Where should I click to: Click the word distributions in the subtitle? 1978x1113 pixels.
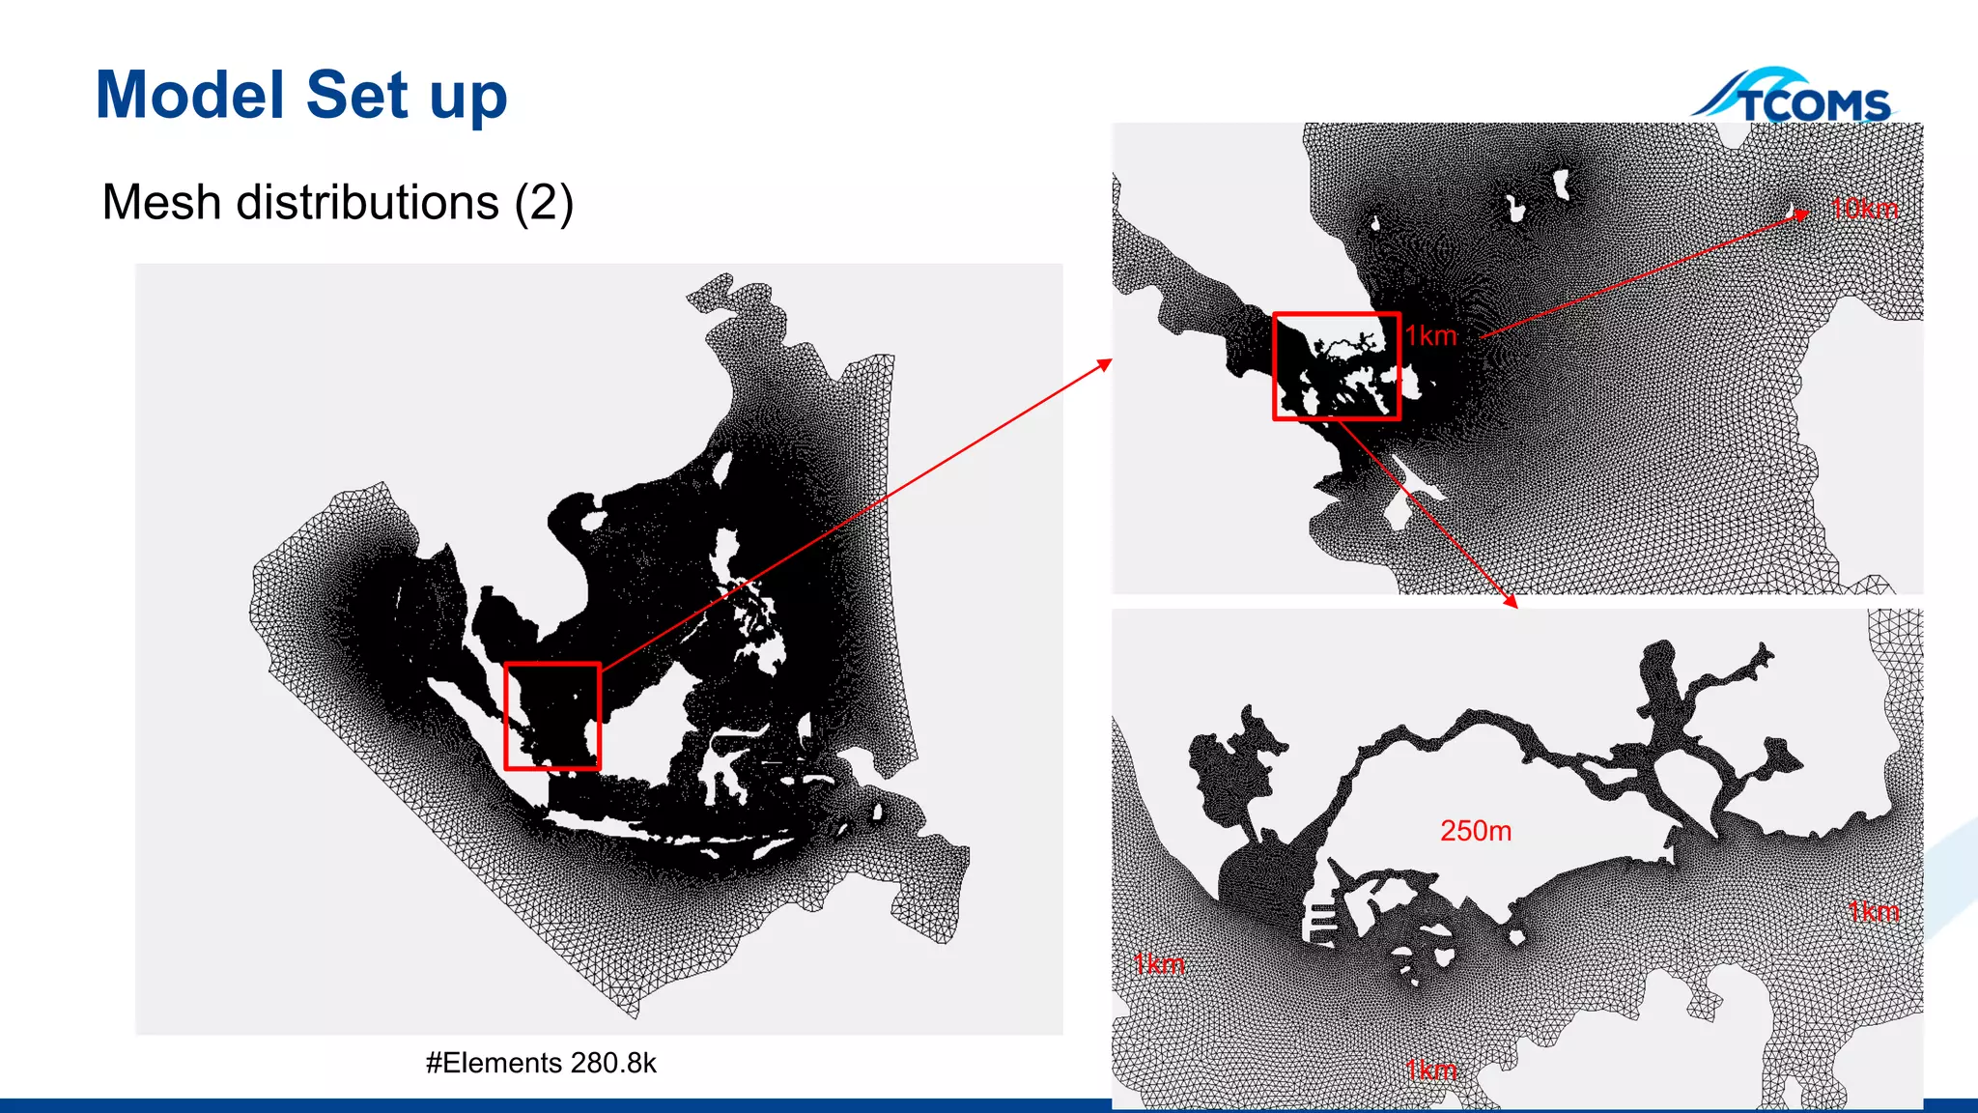(368, 203)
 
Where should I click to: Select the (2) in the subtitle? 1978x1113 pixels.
(544, 203)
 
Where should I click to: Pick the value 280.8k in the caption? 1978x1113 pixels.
(613, 1063)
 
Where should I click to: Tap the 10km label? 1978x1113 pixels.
(1864, 209)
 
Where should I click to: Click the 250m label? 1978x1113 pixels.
(1476, 831)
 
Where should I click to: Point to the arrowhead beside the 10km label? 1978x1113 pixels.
(1801, 214)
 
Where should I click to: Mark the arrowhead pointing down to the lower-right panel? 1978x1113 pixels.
(1512, 602)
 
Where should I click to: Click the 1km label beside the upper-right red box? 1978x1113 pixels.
(1430, 336)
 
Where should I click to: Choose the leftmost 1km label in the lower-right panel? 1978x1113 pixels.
(1158, 963)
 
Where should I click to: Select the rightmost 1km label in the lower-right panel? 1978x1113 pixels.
(1873, 911)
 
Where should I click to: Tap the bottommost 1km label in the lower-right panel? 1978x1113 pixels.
(1430, 1070)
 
